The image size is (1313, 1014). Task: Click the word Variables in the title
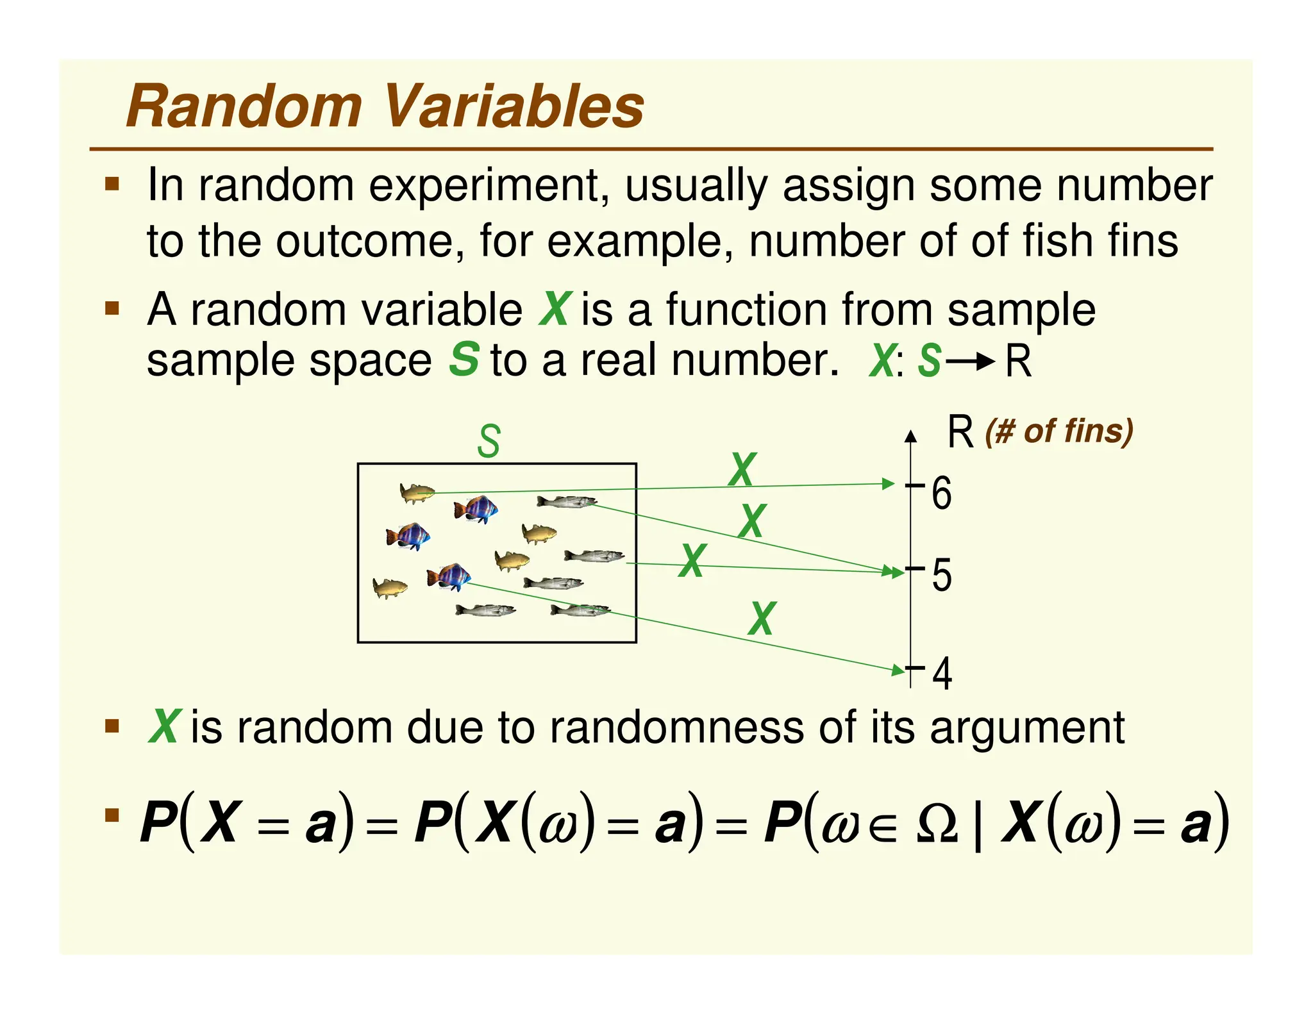point(513,106)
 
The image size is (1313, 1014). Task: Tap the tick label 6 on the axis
point(941,494)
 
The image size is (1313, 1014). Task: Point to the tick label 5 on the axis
point(941,575)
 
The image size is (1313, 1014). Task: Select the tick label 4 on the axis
point(942,674)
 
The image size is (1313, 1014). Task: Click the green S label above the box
point(489,442)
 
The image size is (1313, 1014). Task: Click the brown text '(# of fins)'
point(1059,431)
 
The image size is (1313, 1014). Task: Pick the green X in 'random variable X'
point(555,310)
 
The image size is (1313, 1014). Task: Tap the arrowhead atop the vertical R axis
point(910,436)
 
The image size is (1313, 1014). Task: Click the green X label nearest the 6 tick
point(742,470)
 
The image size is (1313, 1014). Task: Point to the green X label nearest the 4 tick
point(762,619)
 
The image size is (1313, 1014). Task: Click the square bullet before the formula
point(113,815)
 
